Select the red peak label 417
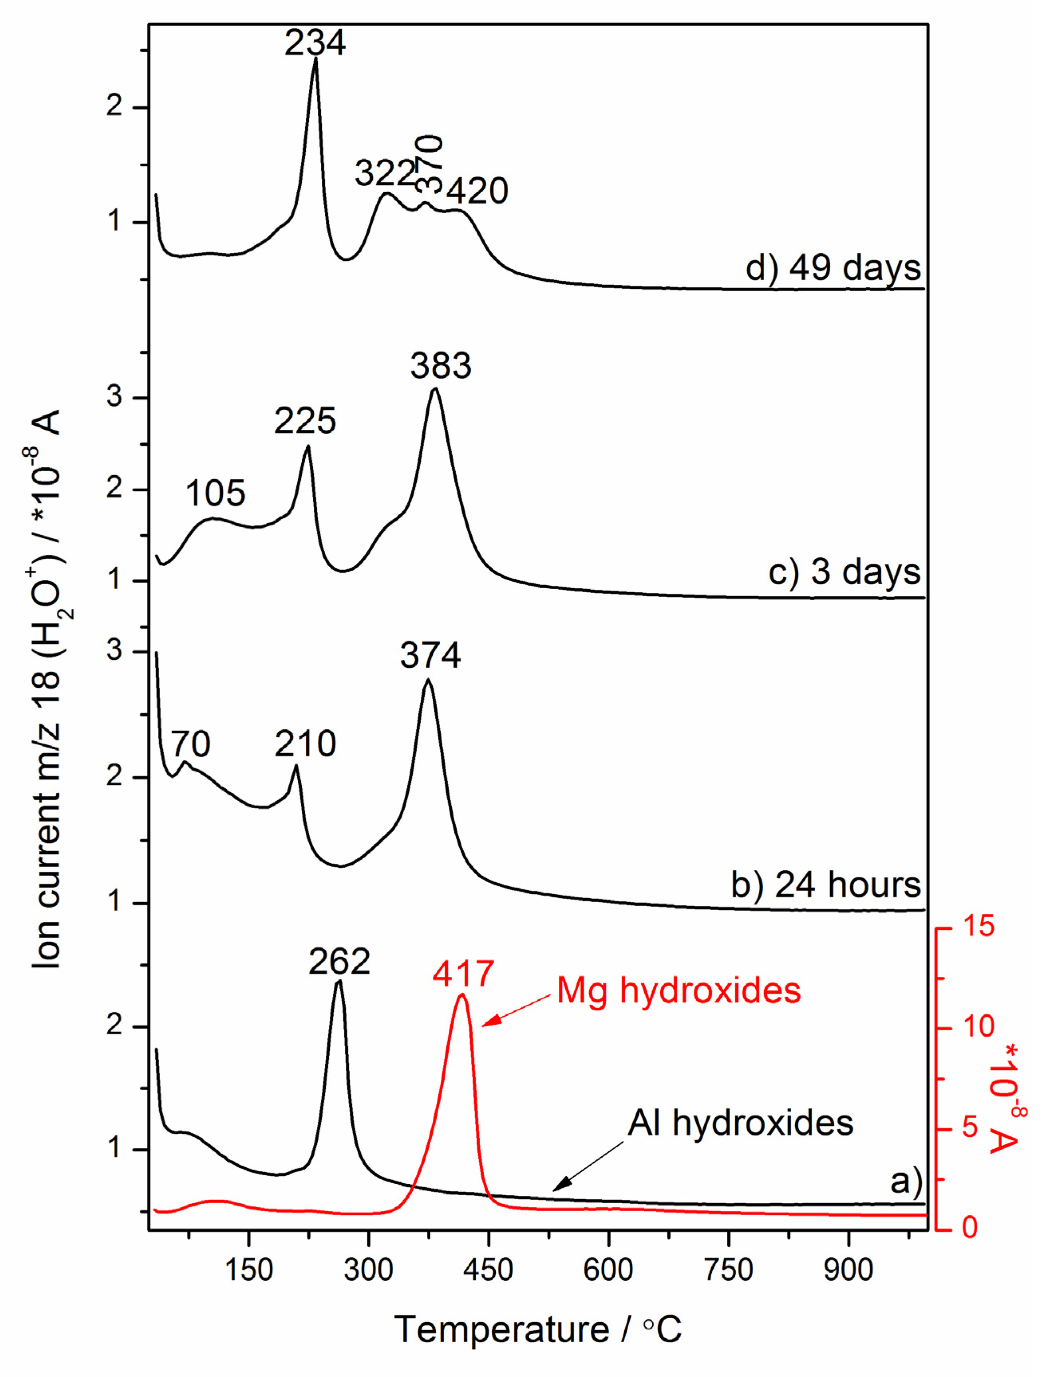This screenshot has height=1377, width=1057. click(x=463, y=974)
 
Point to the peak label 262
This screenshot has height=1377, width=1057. click(x=339, y=962)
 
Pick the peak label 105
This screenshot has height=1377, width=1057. click(x=215, y=493)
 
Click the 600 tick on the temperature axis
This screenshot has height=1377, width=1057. click(x=608, y=1270)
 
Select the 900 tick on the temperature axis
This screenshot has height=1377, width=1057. click(x=848, y=1270)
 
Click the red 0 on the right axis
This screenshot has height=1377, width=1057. click(x=970, y=1227)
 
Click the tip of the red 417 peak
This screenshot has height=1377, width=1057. click(x=462, y=995)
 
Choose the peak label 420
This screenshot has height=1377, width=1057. click(x=477, y=191)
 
